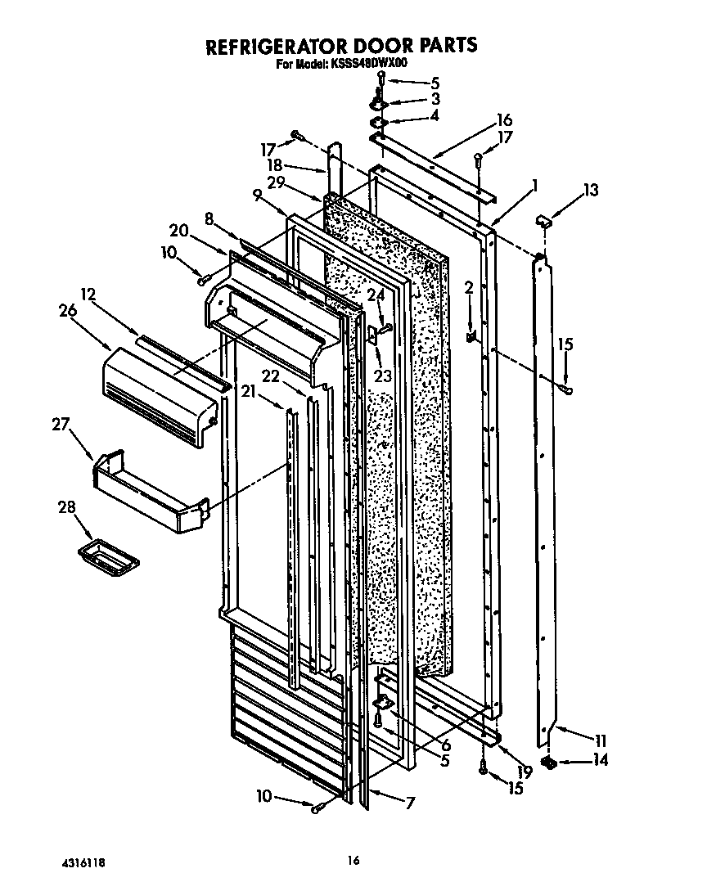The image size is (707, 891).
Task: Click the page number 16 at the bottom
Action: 353,860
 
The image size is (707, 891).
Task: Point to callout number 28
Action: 65,508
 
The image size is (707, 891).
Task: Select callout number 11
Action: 601,741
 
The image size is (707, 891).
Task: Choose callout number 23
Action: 382,376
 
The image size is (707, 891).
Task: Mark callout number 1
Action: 534,186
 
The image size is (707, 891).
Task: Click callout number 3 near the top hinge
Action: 435,99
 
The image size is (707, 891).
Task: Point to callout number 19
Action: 525,770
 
